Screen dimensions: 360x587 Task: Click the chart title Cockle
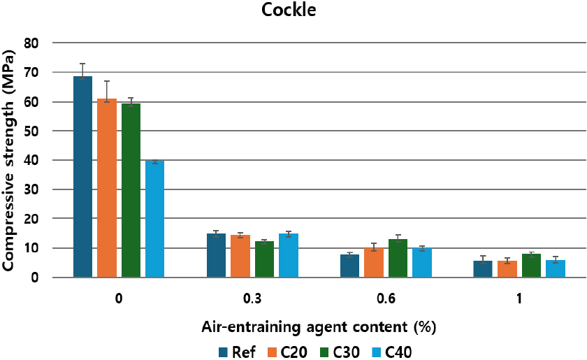pos(293,11)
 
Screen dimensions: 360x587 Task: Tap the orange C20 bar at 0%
pos(107,188)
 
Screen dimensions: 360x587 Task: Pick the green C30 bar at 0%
pos(131,190)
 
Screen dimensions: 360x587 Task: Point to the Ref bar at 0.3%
pos(216,256)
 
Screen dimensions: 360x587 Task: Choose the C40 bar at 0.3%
pos(289,256)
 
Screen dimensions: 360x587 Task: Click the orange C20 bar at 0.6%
pos(374,263)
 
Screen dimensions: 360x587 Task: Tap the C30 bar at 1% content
pos(531,266)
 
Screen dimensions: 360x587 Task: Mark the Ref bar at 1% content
pos(483,269)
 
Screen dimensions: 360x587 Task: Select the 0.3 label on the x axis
pos(252,298)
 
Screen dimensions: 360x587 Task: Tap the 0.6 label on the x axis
pos(386,298)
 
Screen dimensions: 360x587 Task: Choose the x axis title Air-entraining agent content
pos(314,326)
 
